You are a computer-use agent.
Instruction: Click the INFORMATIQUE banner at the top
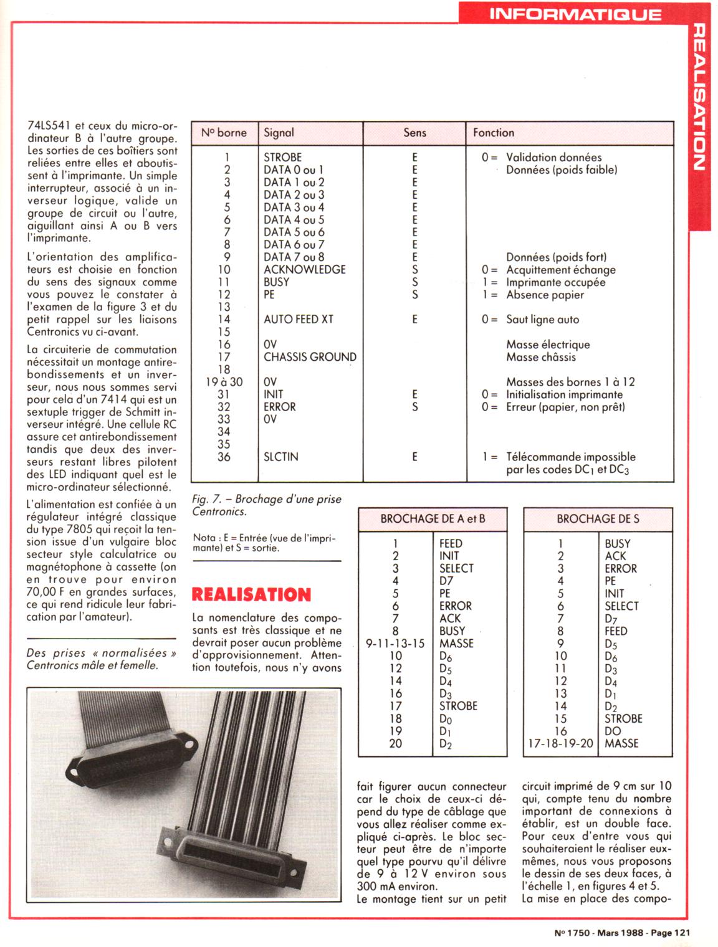click(x=575, y=14)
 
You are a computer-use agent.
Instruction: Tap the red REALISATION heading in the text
click(x=251, y=594)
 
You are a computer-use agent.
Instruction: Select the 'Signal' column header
click(x=279, y=133)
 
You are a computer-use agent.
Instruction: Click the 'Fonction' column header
click(x=494, y=133)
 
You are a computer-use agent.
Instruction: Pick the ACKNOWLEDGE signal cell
click(x=304, y=270)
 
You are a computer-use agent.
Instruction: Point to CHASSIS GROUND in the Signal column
click(x=310, y=357)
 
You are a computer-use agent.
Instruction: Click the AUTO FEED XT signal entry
click(x=298, y=320)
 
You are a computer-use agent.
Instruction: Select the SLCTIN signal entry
click(x=280, y=457)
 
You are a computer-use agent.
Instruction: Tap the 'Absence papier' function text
click(x=545, y=295)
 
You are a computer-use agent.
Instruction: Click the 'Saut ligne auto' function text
click(x=542, y=320)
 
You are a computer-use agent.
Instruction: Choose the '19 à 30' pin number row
click(x=224, y=382)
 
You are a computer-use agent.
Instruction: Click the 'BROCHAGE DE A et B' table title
click(x=433, y=519)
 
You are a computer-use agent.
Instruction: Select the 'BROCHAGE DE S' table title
click(x=598, y=519)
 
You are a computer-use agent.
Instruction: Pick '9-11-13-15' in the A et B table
click(x=395, y=644)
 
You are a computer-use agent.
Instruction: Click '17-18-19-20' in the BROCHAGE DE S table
click(x=560, y=743)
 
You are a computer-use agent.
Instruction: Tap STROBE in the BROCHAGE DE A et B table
click(x=458, y=706)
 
